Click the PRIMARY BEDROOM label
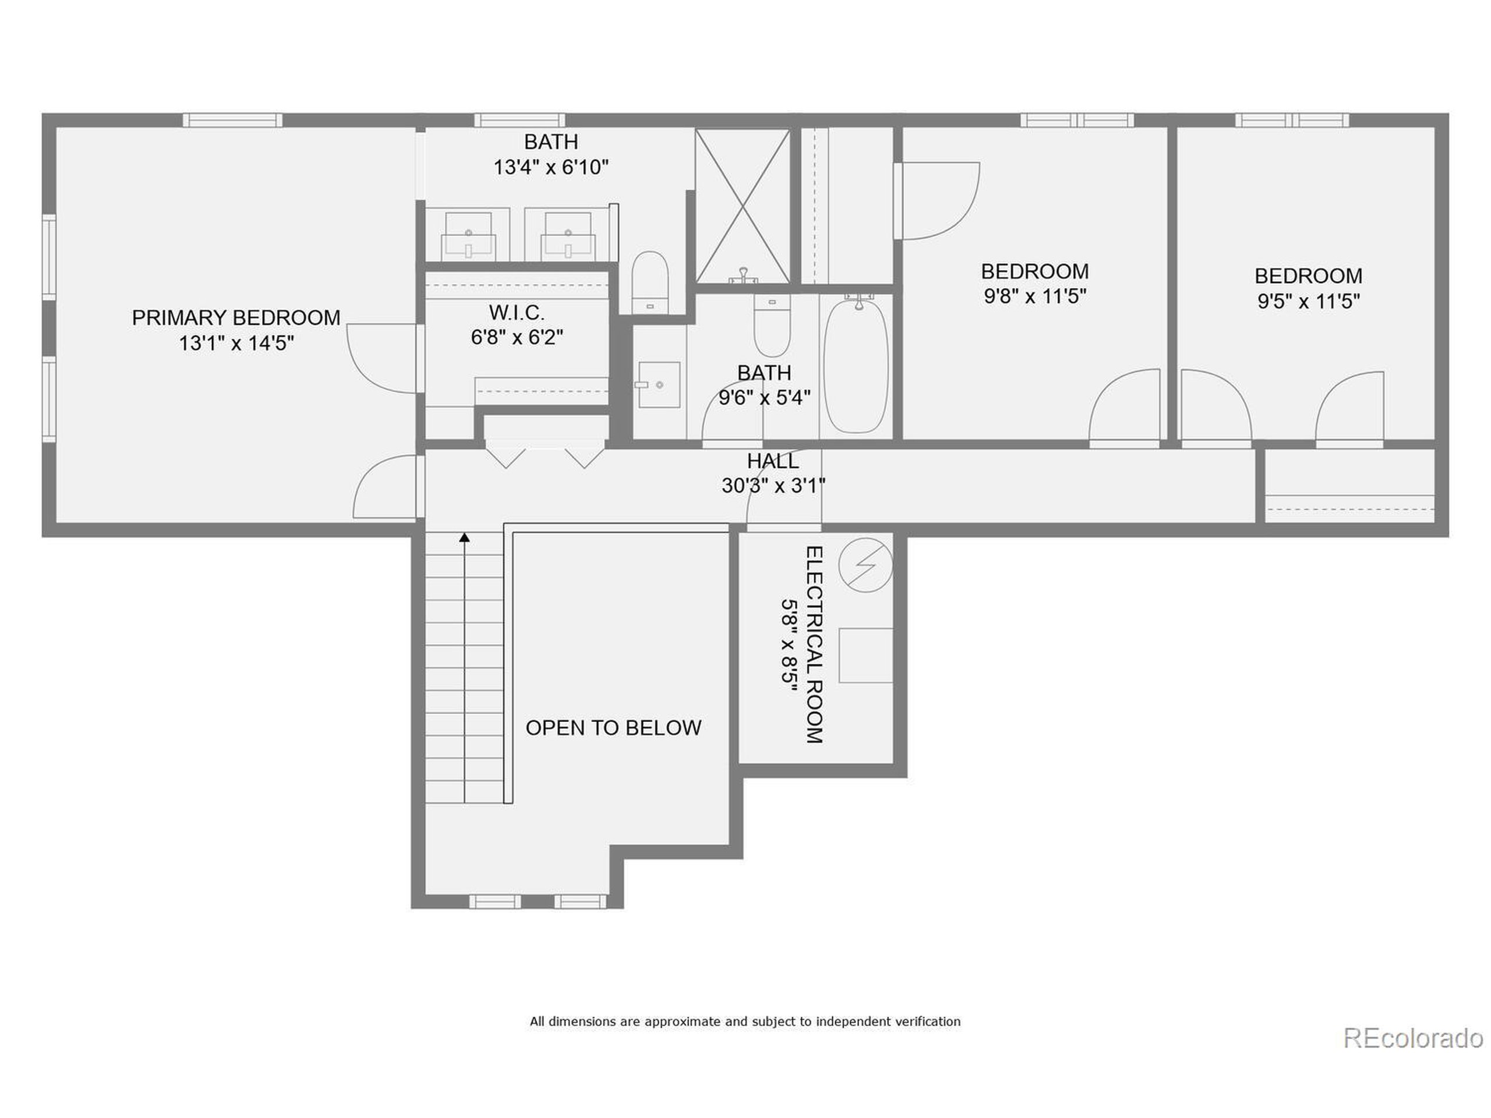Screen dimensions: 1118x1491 click(236, 317)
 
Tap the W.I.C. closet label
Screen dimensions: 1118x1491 click(517, 313)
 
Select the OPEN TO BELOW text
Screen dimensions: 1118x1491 click(613, 728)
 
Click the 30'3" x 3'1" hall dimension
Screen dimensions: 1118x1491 click(773, 485)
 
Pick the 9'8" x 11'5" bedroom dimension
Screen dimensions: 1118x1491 click(1034, 296)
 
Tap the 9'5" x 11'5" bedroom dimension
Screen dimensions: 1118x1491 click(1308, 300)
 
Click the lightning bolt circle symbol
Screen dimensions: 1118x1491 click(865, 565)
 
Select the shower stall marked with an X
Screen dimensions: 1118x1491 click(742, 206)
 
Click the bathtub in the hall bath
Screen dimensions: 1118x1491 click(856, 367)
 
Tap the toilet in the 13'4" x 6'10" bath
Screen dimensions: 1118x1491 click(650, 282)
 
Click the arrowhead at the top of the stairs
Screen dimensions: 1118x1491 click(464, 537)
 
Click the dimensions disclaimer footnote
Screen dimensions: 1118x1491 click(745, 1021)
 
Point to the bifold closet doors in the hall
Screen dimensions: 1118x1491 click(545, 455)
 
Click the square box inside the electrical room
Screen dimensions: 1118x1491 click(865, 656)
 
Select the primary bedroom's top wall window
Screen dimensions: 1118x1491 click(232, 121)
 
